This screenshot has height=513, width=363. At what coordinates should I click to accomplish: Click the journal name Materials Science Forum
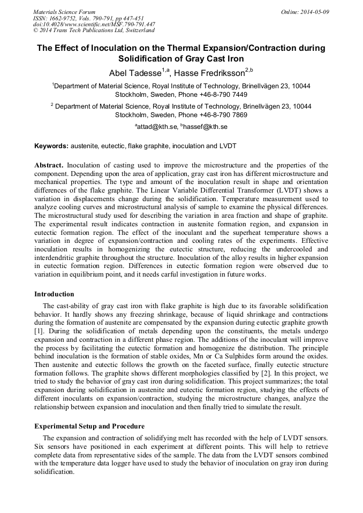pos(64,12)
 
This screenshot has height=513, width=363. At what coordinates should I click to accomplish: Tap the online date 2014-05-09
pos(313,12)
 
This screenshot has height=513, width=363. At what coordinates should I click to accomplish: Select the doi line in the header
pos(94,25)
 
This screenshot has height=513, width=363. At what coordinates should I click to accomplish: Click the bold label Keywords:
pos(51,146)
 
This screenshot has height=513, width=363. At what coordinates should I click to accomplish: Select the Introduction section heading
pos(54,294)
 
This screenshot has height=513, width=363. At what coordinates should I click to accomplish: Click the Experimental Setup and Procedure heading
pos(89,426)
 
